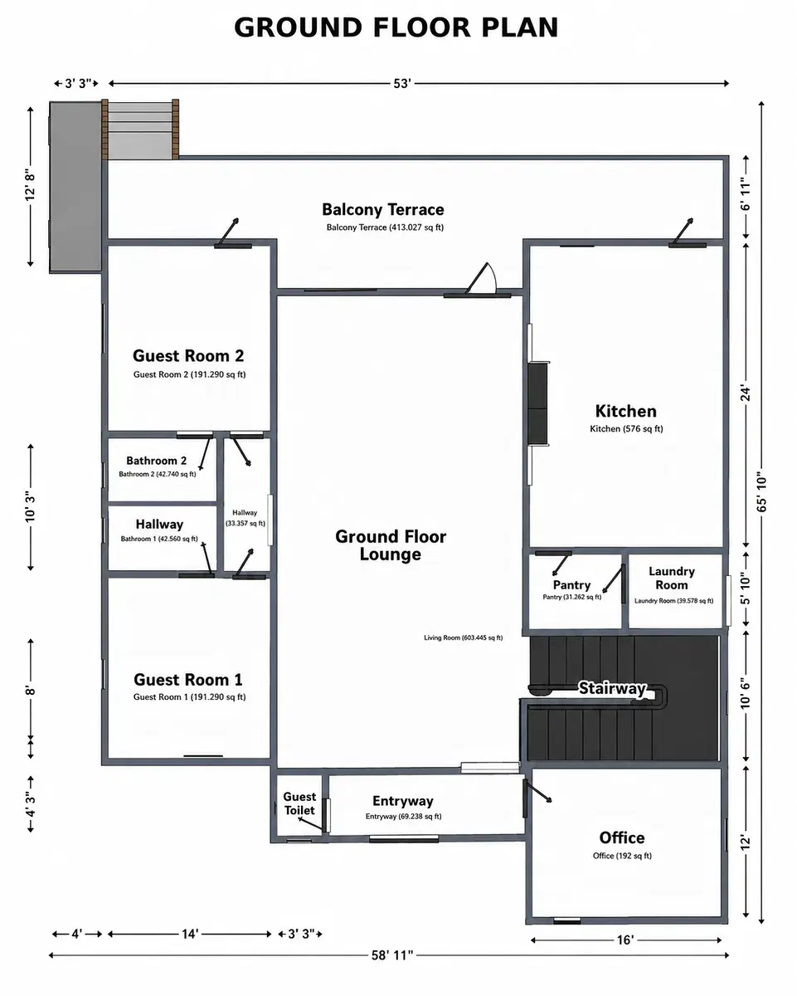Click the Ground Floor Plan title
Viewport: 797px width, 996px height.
pos(396,27)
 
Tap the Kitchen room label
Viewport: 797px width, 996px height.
pos(625,411)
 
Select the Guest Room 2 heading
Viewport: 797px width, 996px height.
pos(187,355)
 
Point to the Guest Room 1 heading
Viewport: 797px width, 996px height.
pos(187,680)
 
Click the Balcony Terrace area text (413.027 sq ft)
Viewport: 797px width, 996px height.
pos(385,227)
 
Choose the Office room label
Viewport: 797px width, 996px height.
pos(622,837)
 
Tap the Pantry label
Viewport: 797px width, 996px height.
pos(571,585)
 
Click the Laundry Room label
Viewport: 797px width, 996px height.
pos(672,578)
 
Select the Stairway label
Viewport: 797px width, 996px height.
pos(612,688)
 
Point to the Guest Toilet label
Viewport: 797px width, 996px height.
pos(299,803)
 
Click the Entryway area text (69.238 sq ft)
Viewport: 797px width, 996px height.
pos(403,817)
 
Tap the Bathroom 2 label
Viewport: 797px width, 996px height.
pos(157,461)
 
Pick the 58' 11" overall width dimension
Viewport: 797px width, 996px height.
pos(391,955)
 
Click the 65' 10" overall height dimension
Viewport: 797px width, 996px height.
pos(761,491)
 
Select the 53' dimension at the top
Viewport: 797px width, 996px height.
pos(402,83)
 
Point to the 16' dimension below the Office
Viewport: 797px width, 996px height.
pos(625,940)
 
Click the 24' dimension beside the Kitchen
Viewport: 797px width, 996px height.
pos(746,393)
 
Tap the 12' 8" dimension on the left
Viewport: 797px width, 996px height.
pos(30,186)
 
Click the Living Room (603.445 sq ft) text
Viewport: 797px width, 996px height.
pos(463,637)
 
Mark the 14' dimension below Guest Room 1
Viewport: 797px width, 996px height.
pos(190,934)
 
